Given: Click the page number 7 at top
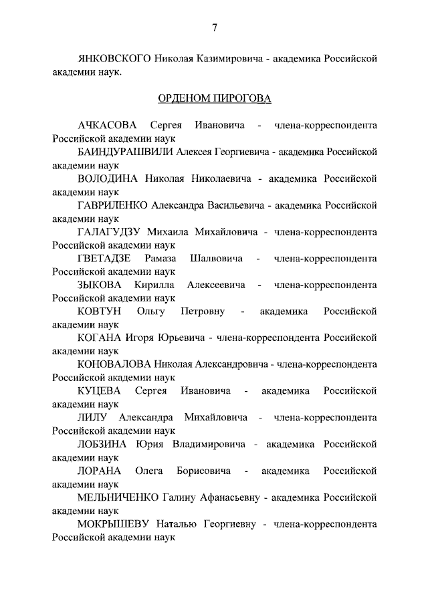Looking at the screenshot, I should pos(214,27).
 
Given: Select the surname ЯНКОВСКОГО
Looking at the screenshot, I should pos(114,59).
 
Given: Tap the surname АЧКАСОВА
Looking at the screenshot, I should pos(107,126).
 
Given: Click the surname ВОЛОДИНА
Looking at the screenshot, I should pos(108,179).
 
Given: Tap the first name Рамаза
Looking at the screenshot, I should pos(158,259).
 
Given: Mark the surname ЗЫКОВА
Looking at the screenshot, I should pos(100,285).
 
